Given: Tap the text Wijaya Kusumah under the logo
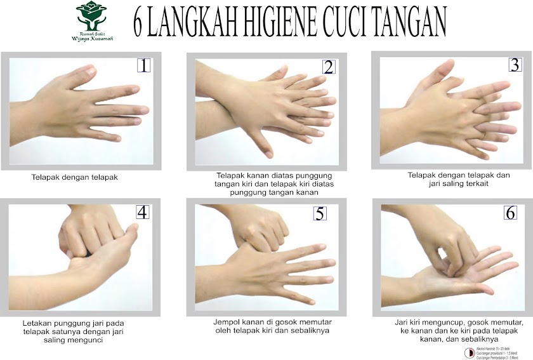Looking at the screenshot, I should point(92,37).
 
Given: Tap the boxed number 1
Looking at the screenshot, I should point(145,65).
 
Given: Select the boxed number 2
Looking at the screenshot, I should point(328,67).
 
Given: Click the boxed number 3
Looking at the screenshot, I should point(513,64).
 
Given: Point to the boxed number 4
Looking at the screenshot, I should point(142,211).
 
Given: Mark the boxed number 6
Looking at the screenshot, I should point(511,213).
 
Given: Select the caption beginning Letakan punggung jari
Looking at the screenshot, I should point(71,331).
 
